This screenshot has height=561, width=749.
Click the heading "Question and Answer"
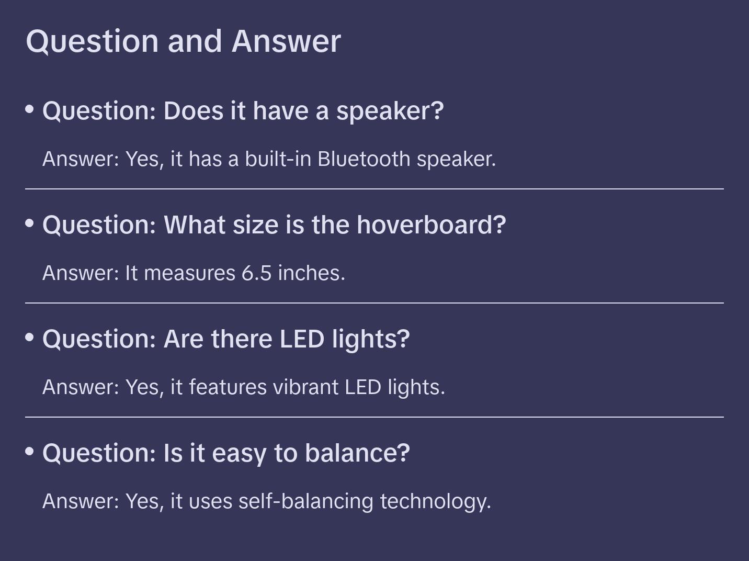[183, 41]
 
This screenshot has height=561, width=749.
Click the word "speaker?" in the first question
[390, 111]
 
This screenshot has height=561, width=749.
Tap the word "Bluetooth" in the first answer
[364, 159]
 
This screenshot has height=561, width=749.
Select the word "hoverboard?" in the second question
[431, 225]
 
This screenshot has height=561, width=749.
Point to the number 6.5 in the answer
[256, 273]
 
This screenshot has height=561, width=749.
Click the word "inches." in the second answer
[311, 273]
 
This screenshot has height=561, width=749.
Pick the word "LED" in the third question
[302, 339]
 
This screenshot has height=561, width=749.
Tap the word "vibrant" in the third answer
[305, 387]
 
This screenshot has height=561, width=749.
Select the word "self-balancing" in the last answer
[305, 501]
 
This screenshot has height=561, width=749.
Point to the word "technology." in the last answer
[435, 501]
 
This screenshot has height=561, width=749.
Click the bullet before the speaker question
[30, 109]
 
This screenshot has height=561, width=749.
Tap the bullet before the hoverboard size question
[30, 223]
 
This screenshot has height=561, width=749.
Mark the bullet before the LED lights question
[30, 337]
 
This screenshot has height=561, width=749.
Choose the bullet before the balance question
[30, 451]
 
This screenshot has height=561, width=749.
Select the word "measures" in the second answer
[189, 273]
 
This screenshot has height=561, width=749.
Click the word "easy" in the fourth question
[239, 453]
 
